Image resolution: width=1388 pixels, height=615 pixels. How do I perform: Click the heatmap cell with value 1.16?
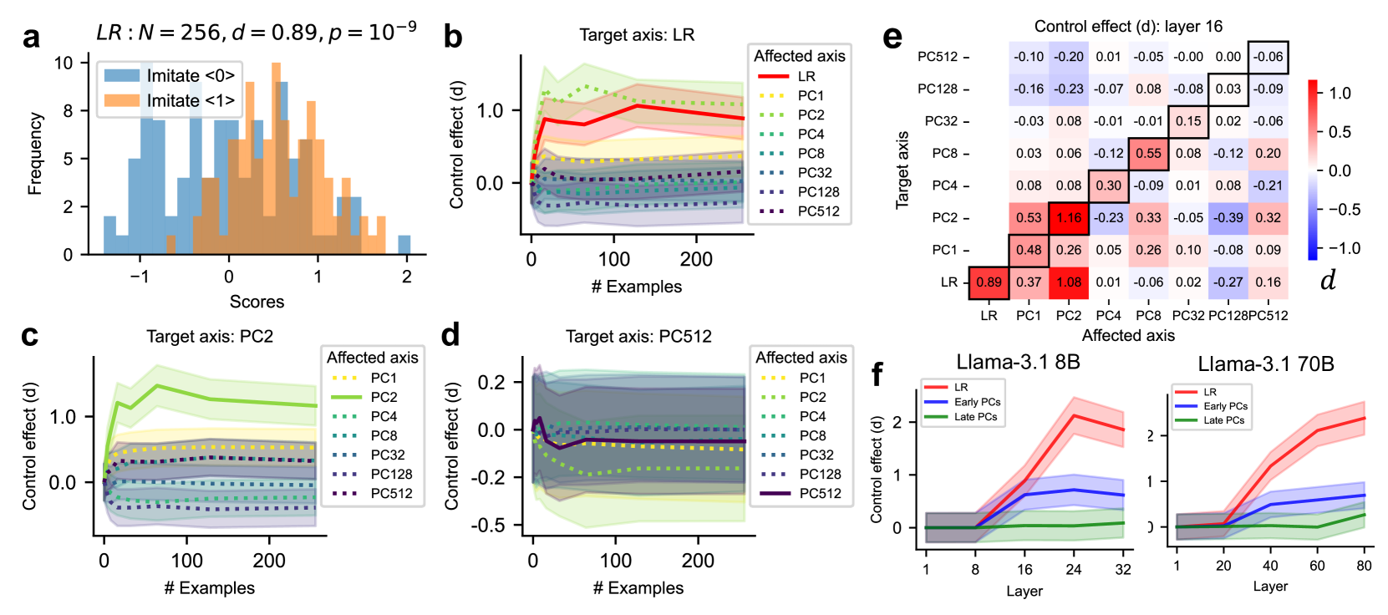point(1069,218)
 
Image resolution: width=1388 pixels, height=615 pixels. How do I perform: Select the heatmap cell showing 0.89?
point(989,282)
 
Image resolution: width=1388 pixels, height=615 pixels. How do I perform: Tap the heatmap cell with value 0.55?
point(1148,154)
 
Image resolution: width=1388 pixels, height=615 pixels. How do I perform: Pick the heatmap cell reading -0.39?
point(1228,218)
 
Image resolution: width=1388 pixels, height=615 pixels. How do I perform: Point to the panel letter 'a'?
point(32,38)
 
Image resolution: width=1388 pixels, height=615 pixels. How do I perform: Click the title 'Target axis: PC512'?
point(638,337)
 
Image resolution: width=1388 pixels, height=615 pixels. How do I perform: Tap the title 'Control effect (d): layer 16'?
point(1128,27)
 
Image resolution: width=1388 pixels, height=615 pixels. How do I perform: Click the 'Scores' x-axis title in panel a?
point(257,302)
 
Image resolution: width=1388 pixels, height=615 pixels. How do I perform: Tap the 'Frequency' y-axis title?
point(35,154)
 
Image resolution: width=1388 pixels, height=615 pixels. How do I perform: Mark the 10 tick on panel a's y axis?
point(64,63)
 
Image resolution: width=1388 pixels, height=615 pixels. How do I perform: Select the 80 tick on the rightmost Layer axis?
point(1364,566)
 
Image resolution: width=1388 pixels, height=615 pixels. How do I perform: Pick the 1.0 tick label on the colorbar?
point(1340,94)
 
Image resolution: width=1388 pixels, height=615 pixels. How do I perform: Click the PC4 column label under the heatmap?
point(1108,315)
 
